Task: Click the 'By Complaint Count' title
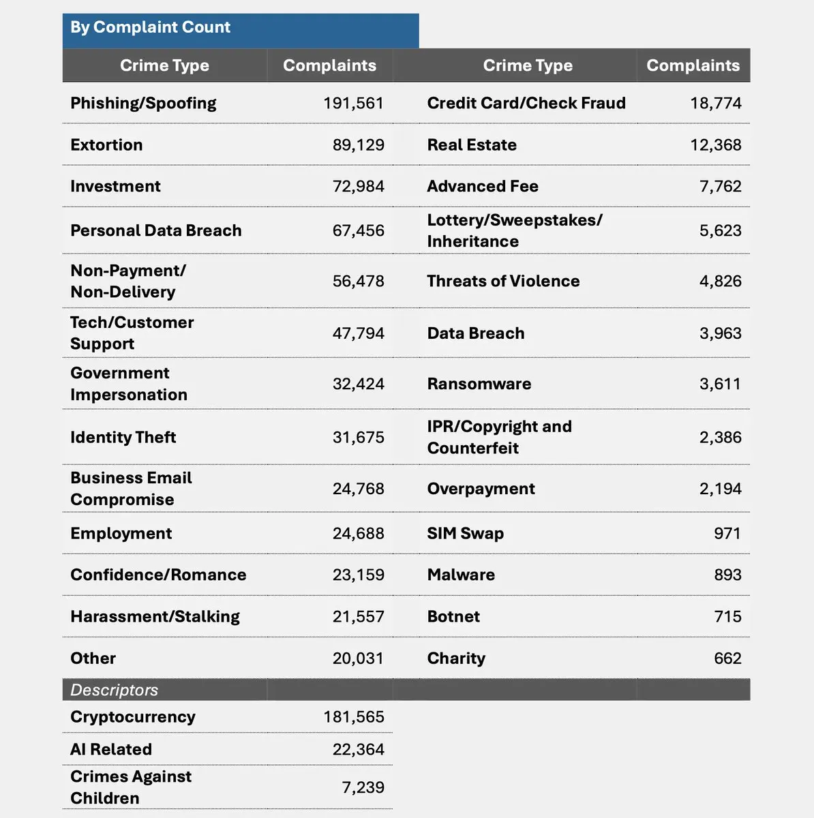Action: coord(150,27)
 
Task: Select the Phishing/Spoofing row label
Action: coord(143,103)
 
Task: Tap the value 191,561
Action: coord(353,103)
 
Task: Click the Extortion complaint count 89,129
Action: coord(358,145)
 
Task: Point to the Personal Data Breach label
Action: coord(155,230)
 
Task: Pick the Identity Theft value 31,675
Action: coord(358,437)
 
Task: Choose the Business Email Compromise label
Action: coord(131,488)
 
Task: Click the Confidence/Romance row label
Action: coord(158,575)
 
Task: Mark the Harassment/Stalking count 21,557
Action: coord(358,616)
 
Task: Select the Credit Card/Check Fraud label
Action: coord(526,103)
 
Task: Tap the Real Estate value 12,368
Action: coord(715,145)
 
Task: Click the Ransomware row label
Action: coord(479,384)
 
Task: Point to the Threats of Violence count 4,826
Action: coord(720,281)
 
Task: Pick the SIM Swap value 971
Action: coord(727,533)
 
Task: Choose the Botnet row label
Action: coord(453,616)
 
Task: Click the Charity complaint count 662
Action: coord(727,658)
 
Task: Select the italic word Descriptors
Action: coord(114,690)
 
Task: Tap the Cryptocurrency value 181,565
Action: coord(353,716)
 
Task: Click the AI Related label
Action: coord(111,749)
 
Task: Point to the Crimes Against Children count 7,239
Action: coord(363,787)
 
